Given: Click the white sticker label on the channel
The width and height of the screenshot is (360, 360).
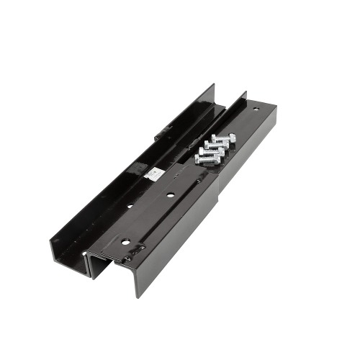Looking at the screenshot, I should point(154,174).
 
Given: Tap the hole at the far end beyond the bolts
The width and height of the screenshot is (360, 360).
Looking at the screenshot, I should point(256,109).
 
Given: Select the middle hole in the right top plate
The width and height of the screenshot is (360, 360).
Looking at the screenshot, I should point(170,194).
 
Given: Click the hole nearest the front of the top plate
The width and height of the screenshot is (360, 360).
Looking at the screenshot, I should point(125,242).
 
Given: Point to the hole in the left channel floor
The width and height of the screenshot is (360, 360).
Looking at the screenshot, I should point(130,206).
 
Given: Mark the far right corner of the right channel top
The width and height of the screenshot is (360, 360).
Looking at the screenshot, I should point(276,108).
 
